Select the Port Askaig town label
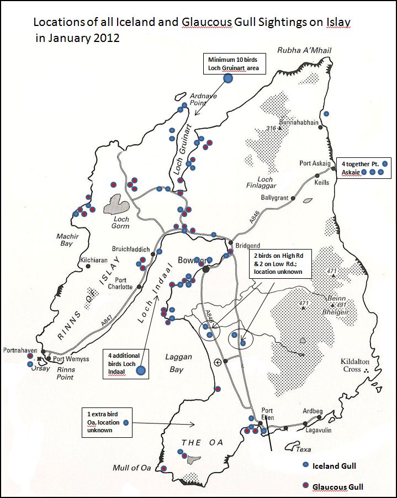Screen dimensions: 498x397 (315, 163)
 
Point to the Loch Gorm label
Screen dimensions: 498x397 (120, 222)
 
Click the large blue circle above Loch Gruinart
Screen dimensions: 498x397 (227, 78)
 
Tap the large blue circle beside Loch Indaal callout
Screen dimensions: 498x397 (141, 371)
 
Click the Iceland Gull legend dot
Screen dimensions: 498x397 (305, 465)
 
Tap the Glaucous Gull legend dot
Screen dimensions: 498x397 (305, 486)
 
